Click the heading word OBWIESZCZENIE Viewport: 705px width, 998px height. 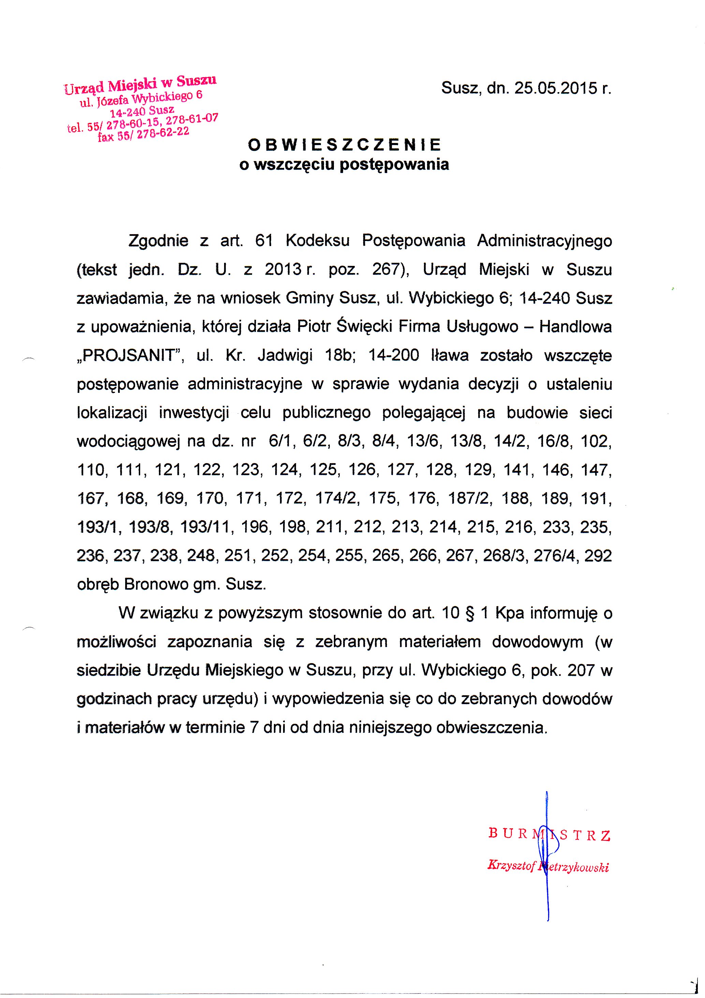(x=344, y=144)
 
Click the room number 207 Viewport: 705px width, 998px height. (x=580, y=671)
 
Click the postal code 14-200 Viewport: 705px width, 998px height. (x=394, y=356)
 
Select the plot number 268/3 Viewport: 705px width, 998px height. (x=505, y=556)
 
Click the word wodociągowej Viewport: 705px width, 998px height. (x=128, y=442)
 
